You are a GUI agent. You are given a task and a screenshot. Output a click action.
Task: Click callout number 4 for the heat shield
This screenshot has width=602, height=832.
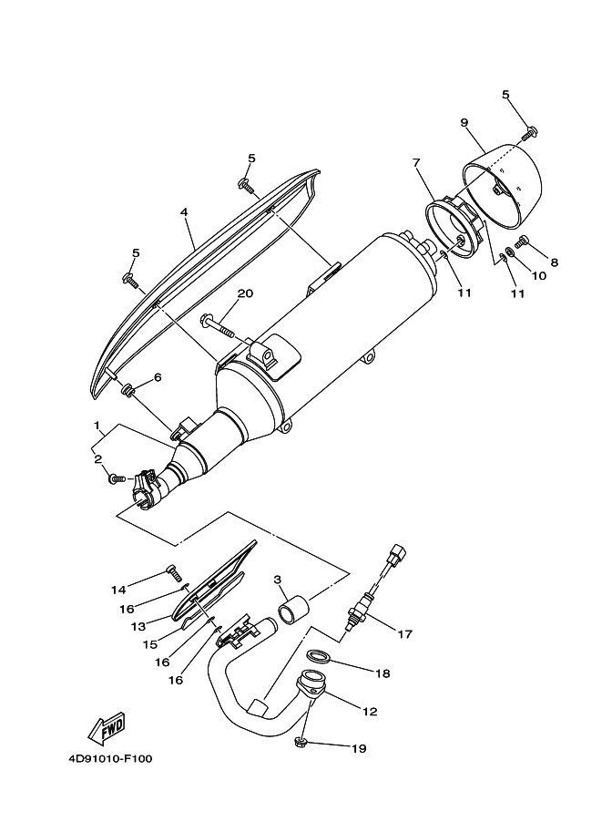click(x=184, y=212)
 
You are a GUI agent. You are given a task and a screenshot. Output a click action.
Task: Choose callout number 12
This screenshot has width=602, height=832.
click(x=371, y=712)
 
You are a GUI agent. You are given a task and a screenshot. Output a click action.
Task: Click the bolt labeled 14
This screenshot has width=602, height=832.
click(x=173, y=572)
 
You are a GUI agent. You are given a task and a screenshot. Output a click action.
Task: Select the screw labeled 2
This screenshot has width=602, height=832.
click(x=117, y=477)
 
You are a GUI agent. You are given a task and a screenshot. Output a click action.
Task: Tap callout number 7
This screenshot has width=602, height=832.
click(x=416, y=163)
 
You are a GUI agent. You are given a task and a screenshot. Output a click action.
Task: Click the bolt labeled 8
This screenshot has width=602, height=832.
click(x=524, y=241)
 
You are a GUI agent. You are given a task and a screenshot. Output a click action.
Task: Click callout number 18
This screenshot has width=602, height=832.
click(x=383, y=673)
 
